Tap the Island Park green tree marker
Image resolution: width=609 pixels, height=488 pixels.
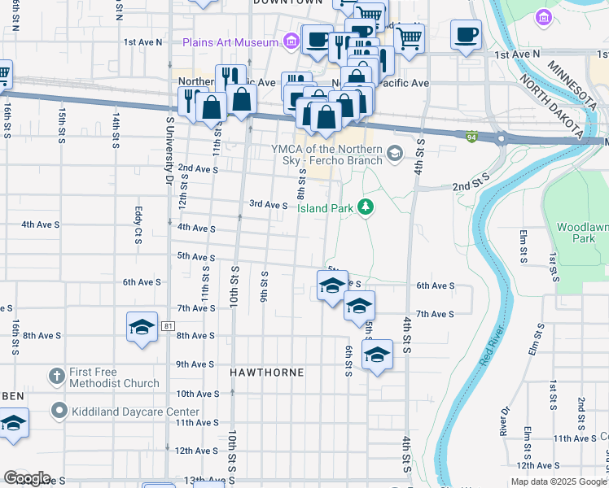tap(366, 208)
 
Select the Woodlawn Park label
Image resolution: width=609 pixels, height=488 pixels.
tap(583, 233)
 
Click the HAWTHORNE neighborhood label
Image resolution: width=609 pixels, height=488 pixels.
tap(266, 373)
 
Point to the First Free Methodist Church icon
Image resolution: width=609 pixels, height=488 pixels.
tap(56, 377)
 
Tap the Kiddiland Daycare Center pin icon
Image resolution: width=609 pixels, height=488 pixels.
tap(59, 411)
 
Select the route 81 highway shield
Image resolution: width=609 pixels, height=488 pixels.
tap(168, 326)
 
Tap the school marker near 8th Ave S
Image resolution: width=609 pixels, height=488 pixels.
tap(142, 328)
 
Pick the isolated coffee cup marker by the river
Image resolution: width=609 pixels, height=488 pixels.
tap(466, 34)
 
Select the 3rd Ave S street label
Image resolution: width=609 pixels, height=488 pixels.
tap(268, 205)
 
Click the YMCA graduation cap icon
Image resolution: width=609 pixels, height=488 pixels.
tap(395, 153)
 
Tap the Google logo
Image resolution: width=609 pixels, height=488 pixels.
tap(26, 478)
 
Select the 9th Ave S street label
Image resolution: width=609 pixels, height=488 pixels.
tap(195, 364)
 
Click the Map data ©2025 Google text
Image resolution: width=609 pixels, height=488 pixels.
tap(559, 481)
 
